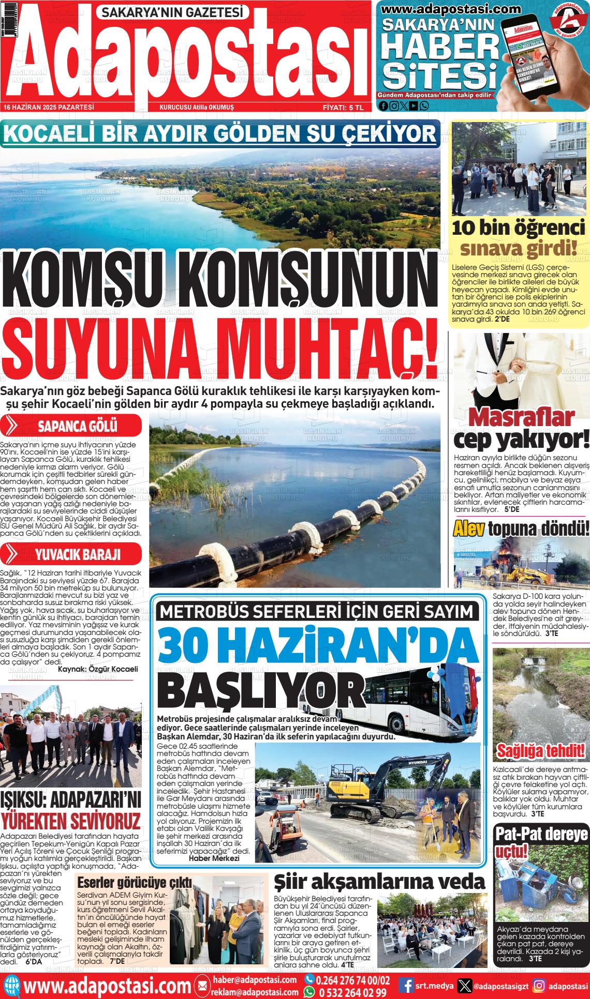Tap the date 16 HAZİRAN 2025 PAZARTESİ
pyautogui.click(x=48, y=107)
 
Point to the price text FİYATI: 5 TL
pyautogui.click(x=343, y=108)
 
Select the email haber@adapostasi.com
pyautogui.click(x=254, y=979)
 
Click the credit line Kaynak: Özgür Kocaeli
pyautogui.click(x=98, y=669)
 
